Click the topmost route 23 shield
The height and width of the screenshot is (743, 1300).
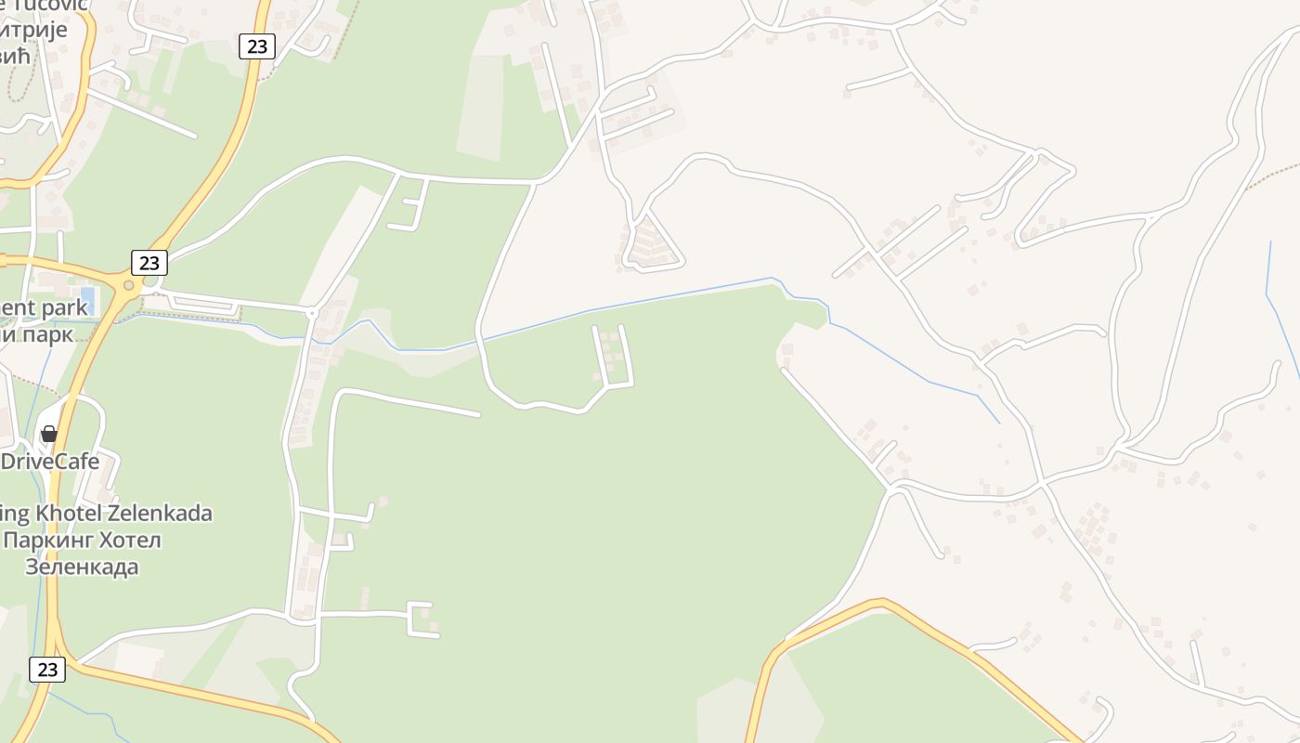(257, 46)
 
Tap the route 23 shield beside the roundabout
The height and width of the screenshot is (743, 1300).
(149, 263)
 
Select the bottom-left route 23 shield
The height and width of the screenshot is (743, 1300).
(47, 669)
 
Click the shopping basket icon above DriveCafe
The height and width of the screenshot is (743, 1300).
(49, 434)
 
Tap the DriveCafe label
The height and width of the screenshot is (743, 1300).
(50, 462)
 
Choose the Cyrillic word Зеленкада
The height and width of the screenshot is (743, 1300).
(82, 567)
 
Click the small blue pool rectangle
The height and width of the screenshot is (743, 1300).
(88, 299)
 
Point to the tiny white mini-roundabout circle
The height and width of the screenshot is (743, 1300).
(312, 314)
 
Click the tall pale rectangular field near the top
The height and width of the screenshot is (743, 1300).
(481, 107)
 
